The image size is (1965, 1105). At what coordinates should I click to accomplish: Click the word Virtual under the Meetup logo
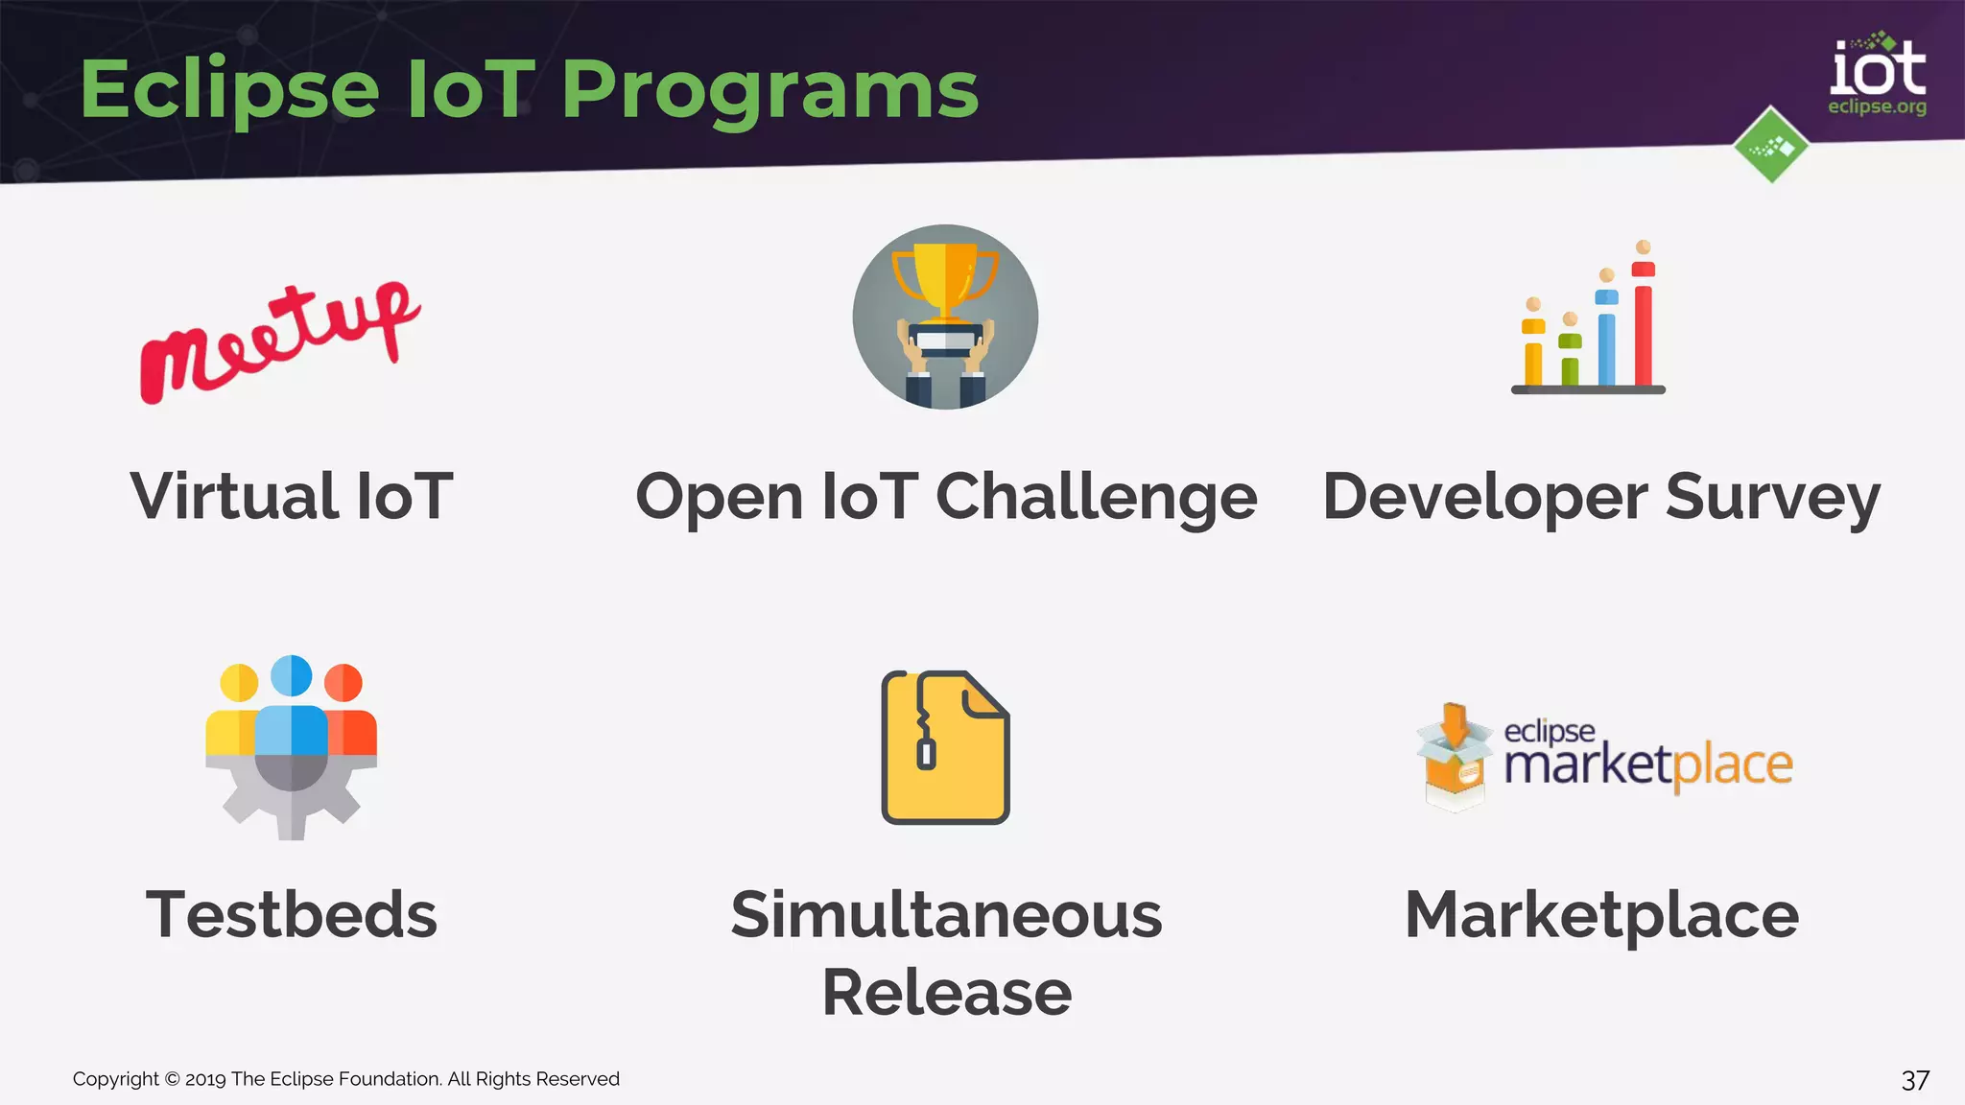click(233, 497)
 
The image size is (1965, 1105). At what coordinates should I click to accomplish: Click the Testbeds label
click(291, 915)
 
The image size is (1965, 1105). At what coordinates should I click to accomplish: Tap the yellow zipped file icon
click(945, 748)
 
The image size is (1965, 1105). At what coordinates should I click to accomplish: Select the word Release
click(946, 993)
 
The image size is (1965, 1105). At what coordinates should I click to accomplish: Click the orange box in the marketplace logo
click(1454, 767)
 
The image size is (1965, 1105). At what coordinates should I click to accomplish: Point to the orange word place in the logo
click(1732, 765)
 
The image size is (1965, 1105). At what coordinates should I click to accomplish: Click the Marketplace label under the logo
click(1600, 915)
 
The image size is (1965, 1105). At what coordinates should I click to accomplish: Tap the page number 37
click(1914, 1081)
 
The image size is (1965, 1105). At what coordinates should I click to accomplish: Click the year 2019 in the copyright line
click(205, 1079)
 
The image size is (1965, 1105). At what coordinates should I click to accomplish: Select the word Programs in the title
click(769, 90)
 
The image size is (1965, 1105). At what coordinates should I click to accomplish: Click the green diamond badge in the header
click(1771, 146)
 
